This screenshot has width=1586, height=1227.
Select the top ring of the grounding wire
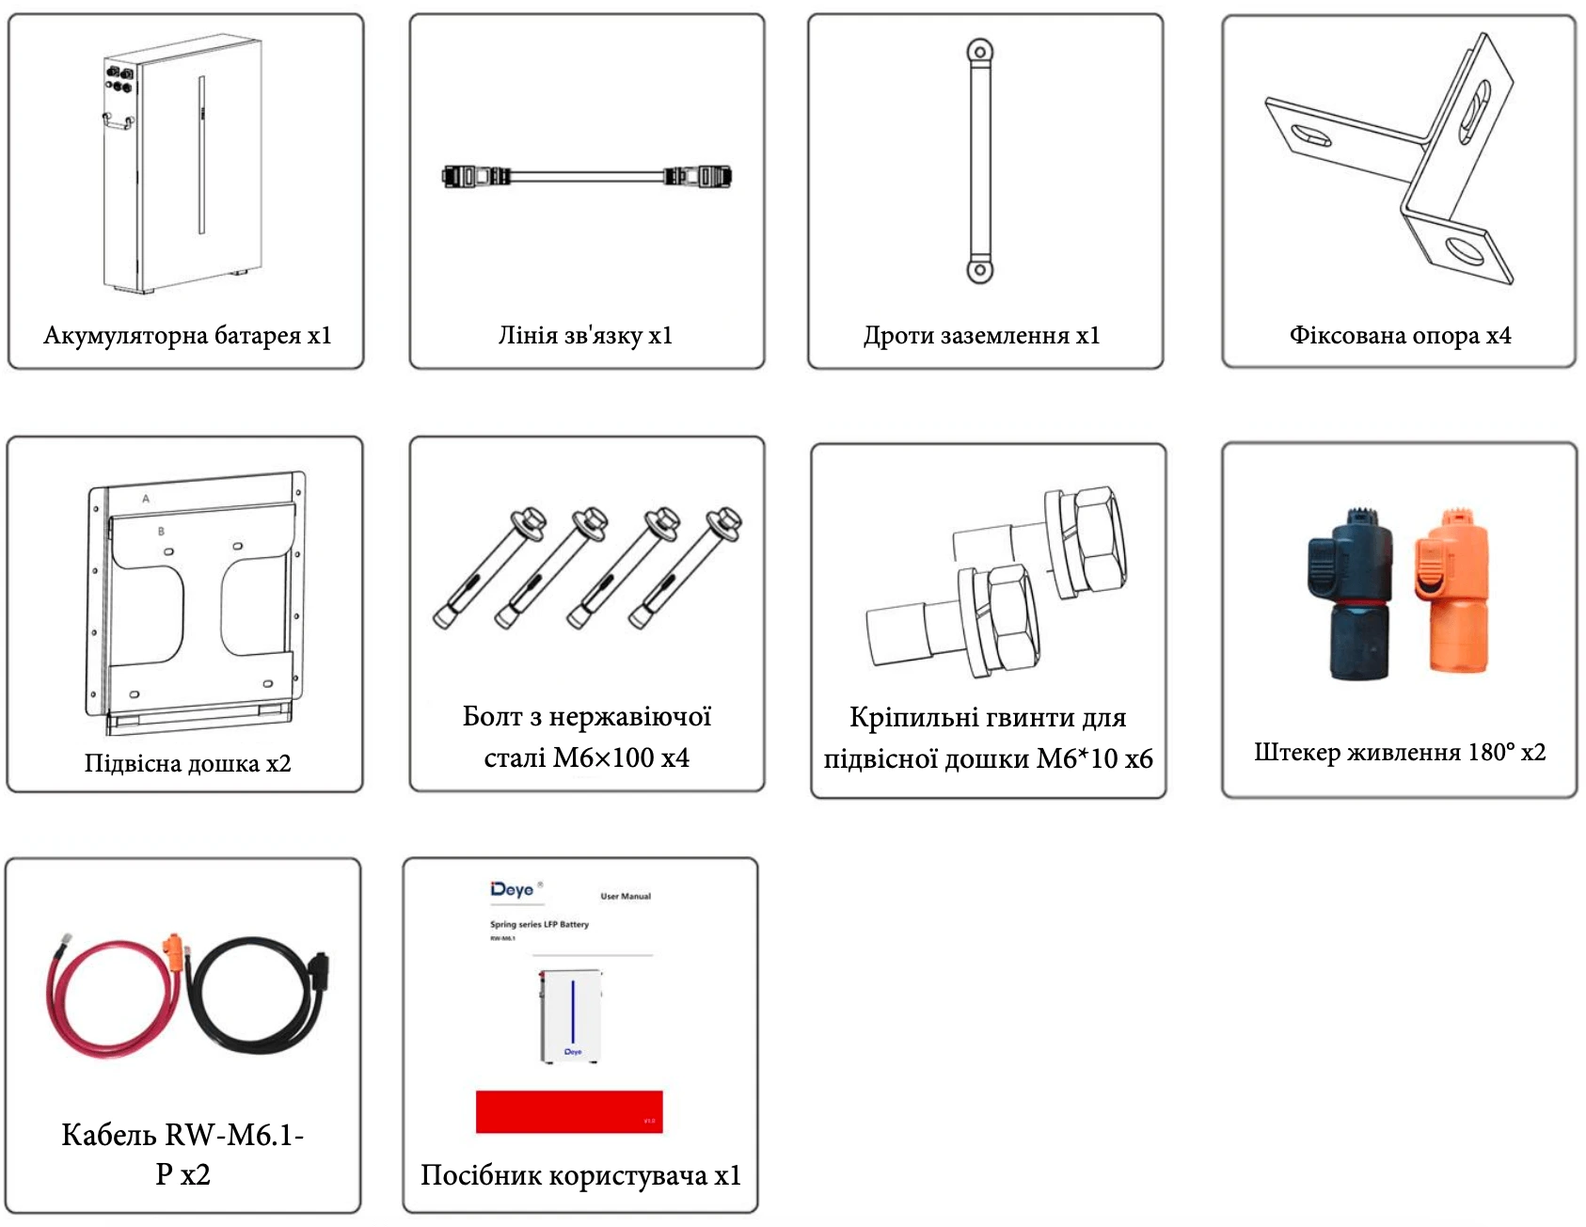click(979, 51)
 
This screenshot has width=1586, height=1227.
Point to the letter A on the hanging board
click(146, 498)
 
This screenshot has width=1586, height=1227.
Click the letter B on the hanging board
click(161, 532)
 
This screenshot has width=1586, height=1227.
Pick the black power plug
click(1349, 594)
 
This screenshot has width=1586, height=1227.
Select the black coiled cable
click(254, 997)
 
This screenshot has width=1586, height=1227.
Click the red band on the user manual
click(569, 1111)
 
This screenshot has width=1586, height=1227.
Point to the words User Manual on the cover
click(626, 896)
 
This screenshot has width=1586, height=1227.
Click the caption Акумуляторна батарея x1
click(187, 336)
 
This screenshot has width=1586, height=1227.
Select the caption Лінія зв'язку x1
click(585, 336)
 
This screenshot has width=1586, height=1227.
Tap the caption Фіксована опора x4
click(1400, 336)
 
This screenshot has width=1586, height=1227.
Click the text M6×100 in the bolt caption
click(603, 757)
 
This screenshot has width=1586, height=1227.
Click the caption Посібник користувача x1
click(580, 1175)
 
